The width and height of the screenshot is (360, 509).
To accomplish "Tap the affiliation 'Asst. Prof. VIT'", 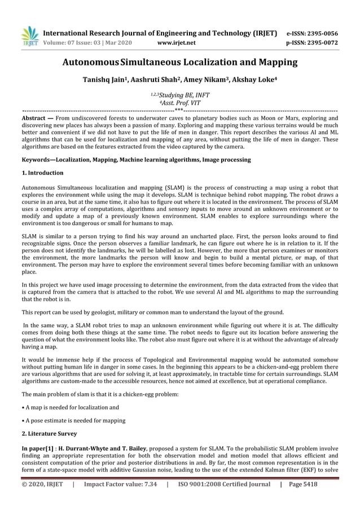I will (179, 104).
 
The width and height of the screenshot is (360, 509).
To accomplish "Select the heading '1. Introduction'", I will (42, 173).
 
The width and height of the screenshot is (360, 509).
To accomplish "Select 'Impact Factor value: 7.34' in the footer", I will (120, 484).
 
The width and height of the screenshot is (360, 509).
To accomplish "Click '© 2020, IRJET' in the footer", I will (42, 484).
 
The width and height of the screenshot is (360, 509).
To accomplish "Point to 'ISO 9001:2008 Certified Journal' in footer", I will (224, 484).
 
